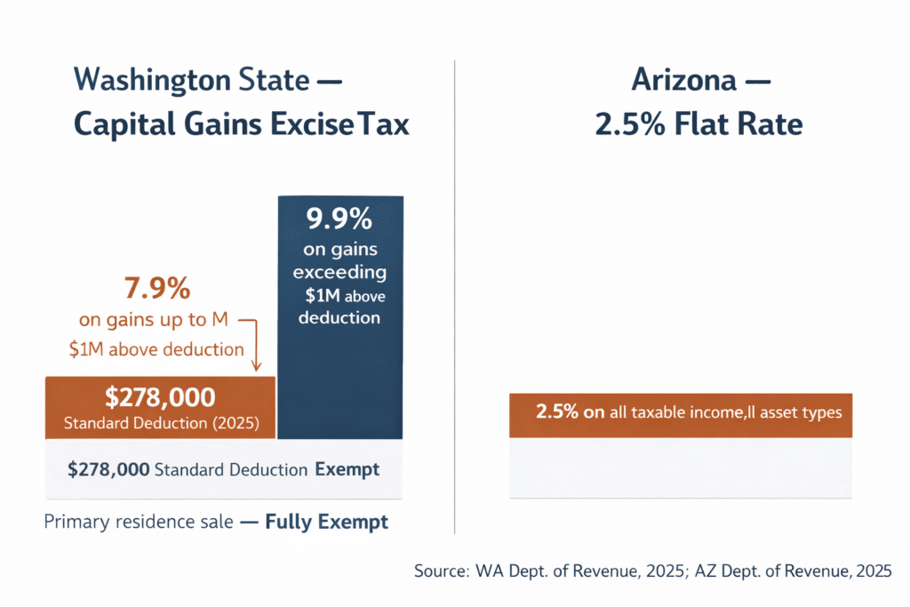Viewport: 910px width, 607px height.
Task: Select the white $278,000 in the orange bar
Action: pos(160,397)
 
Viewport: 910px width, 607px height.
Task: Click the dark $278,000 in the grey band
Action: pos(108,469)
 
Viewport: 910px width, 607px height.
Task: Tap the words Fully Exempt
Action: pos(326,522)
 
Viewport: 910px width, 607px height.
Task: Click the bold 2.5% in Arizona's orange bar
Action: pos(558,412)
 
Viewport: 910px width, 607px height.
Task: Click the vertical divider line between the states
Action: pos(454,293)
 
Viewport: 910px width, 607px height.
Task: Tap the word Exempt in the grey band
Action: pos(347,469)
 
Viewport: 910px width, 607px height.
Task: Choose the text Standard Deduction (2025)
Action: pos(162,423)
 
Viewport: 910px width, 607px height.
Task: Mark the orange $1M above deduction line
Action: pos(156,349)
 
